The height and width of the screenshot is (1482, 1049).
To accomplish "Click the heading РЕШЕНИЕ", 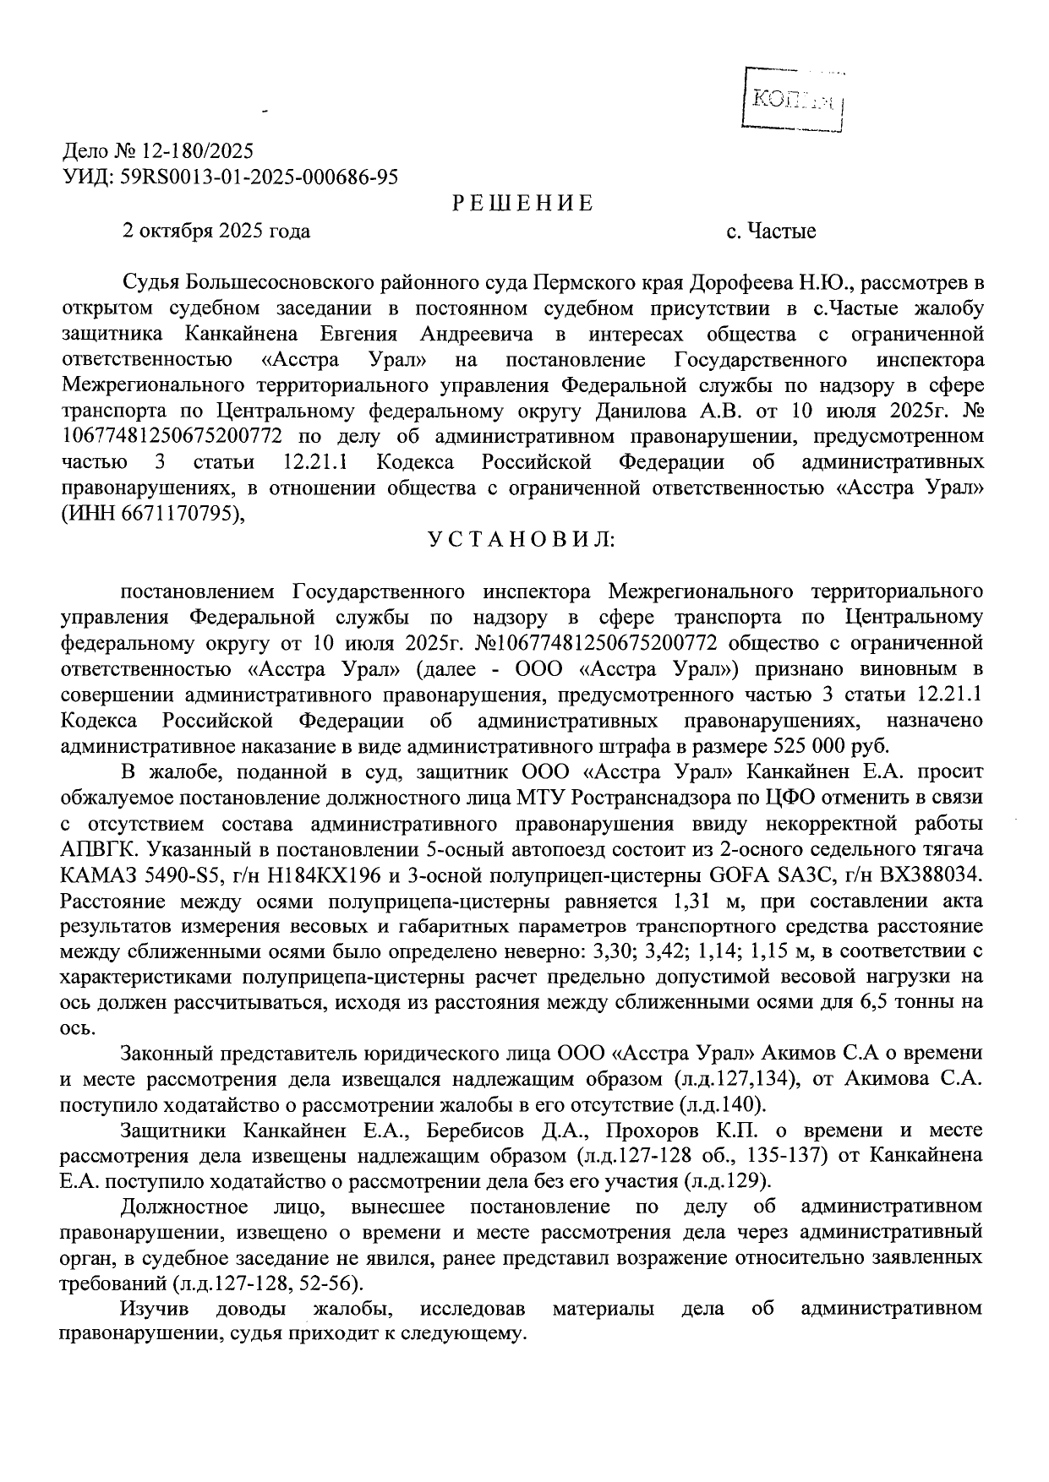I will tap(522, 204).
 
